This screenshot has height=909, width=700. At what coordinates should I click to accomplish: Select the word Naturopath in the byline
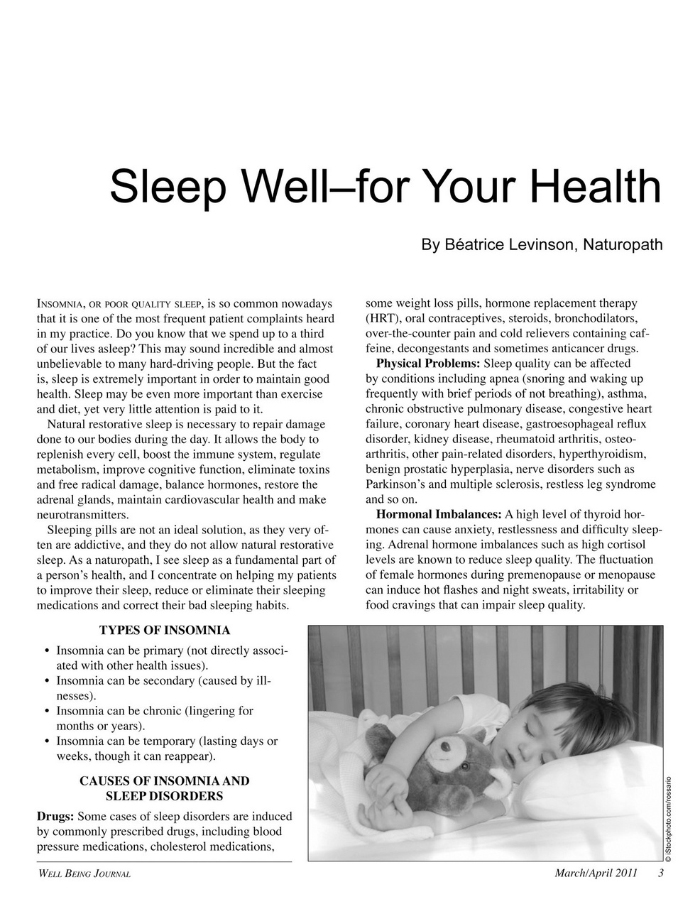click(x=623, y=245)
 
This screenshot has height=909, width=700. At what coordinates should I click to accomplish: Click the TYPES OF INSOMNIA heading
click(x=164, y=630)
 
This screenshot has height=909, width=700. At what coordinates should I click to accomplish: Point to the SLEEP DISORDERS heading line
click(x=164, y=795)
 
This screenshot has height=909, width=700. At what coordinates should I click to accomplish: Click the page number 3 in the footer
click(x=660, y=873)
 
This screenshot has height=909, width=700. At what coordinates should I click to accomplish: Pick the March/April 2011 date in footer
click(x=596, y=873)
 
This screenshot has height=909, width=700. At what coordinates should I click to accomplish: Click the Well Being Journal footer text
click(x=83, y=873)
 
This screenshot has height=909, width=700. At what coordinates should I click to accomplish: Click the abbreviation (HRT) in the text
click(x=383, y=318)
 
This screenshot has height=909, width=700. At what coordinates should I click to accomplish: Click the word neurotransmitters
click(x=82, y=514)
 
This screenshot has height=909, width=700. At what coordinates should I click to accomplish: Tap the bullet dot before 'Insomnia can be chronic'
click(x=46, y=711)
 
